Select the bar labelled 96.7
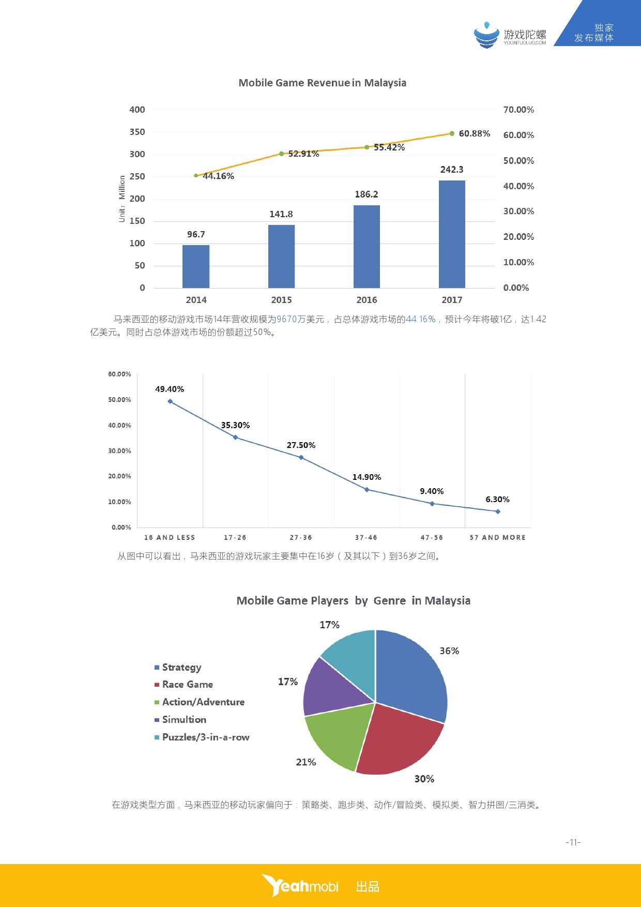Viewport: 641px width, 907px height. pyautogui.click(x=196, y=266)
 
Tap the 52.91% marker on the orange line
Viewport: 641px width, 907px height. pyautogui.click(x=281, y=154)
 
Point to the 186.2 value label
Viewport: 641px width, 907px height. pyautogui.click(x=367, y=194)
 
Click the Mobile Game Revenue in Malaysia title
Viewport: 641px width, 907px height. pyautogui.click(x=322, y=83)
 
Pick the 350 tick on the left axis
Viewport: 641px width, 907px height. pyautogui.click(x=137, y=132)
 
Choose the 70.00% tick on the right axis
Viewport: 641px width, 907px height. pyautogui.click(x=518, y=110)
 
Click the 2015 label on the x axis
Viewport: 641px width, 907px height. pyautogui.click(x=281, y=300)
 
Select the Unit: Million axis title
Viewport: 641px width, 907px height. pyautogui.click(x=122, y=199)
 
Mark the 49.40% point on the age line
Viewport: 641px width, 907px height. pyautogui.click(x=170, y=401)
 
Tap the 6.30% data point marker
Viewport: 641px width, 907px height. pyautogui.click(x=498, y=511)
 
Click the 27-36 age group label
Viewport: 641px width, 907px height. pyautogui.click(x=301, y=538)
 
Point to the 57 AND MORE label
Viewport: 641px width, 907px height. pyautogui.click(x=497, y=538)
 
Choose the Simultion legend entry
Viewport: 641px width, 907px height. pyautogui.click(x=184, y=720)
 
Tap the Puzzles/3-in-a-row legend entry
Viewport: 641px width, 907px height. pyautogui.click(x=205, y=737)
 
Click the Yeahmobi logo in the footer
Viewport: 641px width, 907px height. pyautogui.click(x=300, y=886)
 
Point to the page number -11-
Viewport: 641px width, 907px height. pyautogui.click(x=573, y=842)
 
